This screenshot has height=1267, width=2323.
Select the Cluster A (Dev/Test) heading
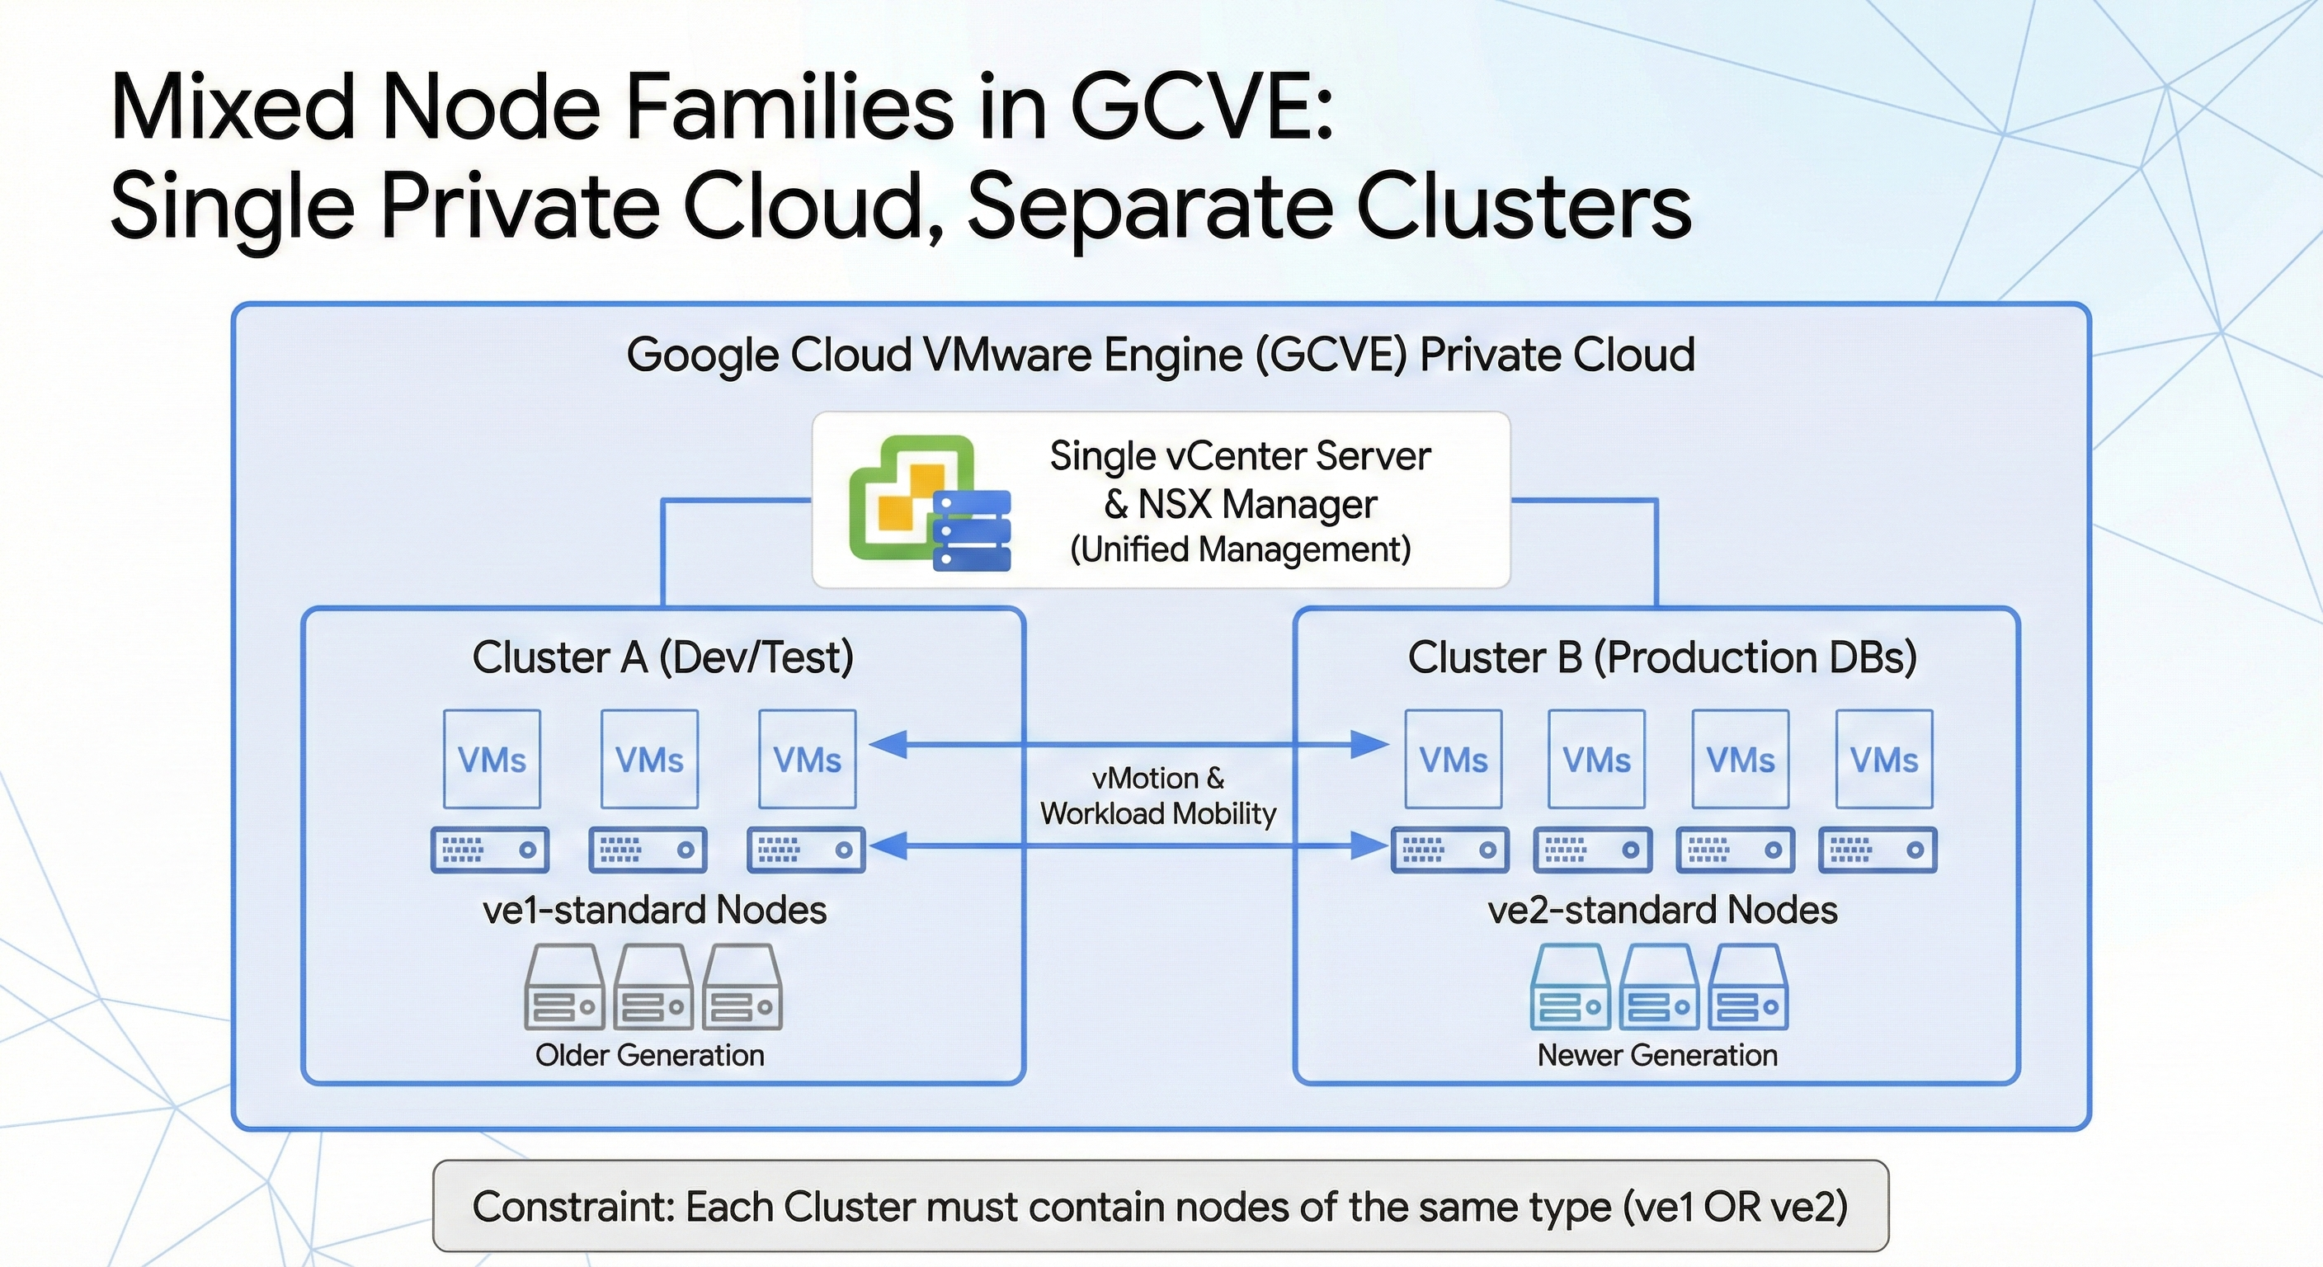coord(662,657)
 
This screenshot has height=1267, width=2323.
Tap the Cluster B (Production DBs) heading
coord(1661,657)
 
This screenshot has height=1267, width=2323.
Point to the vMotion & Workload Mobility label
coord(1158,795)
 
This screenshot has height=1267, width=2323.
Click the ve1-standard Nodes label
coord(655,909)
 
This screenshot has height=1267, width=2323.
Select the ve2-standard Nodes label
coord(1662,909)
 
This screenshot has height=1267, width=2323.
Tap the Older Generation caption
coord(649,1054)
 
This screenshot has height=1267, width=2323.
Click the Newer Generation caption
coord(1657,1054)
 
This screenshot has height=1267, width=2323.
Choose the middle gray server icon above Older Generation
coord(653,987)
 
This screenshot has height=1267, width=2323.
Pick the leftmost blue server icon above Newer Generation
coord(1570,987)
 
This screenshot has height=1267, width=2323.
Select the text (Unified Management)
coord(1240,549)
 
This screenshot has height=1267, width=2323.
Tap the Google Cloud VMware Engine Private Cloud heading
coord(1161,355)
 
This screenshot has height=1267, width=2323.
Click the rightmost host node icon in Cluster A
coord(805,850)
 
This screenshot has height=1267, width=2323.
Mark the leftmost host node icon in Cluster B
coord(1449,850)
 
